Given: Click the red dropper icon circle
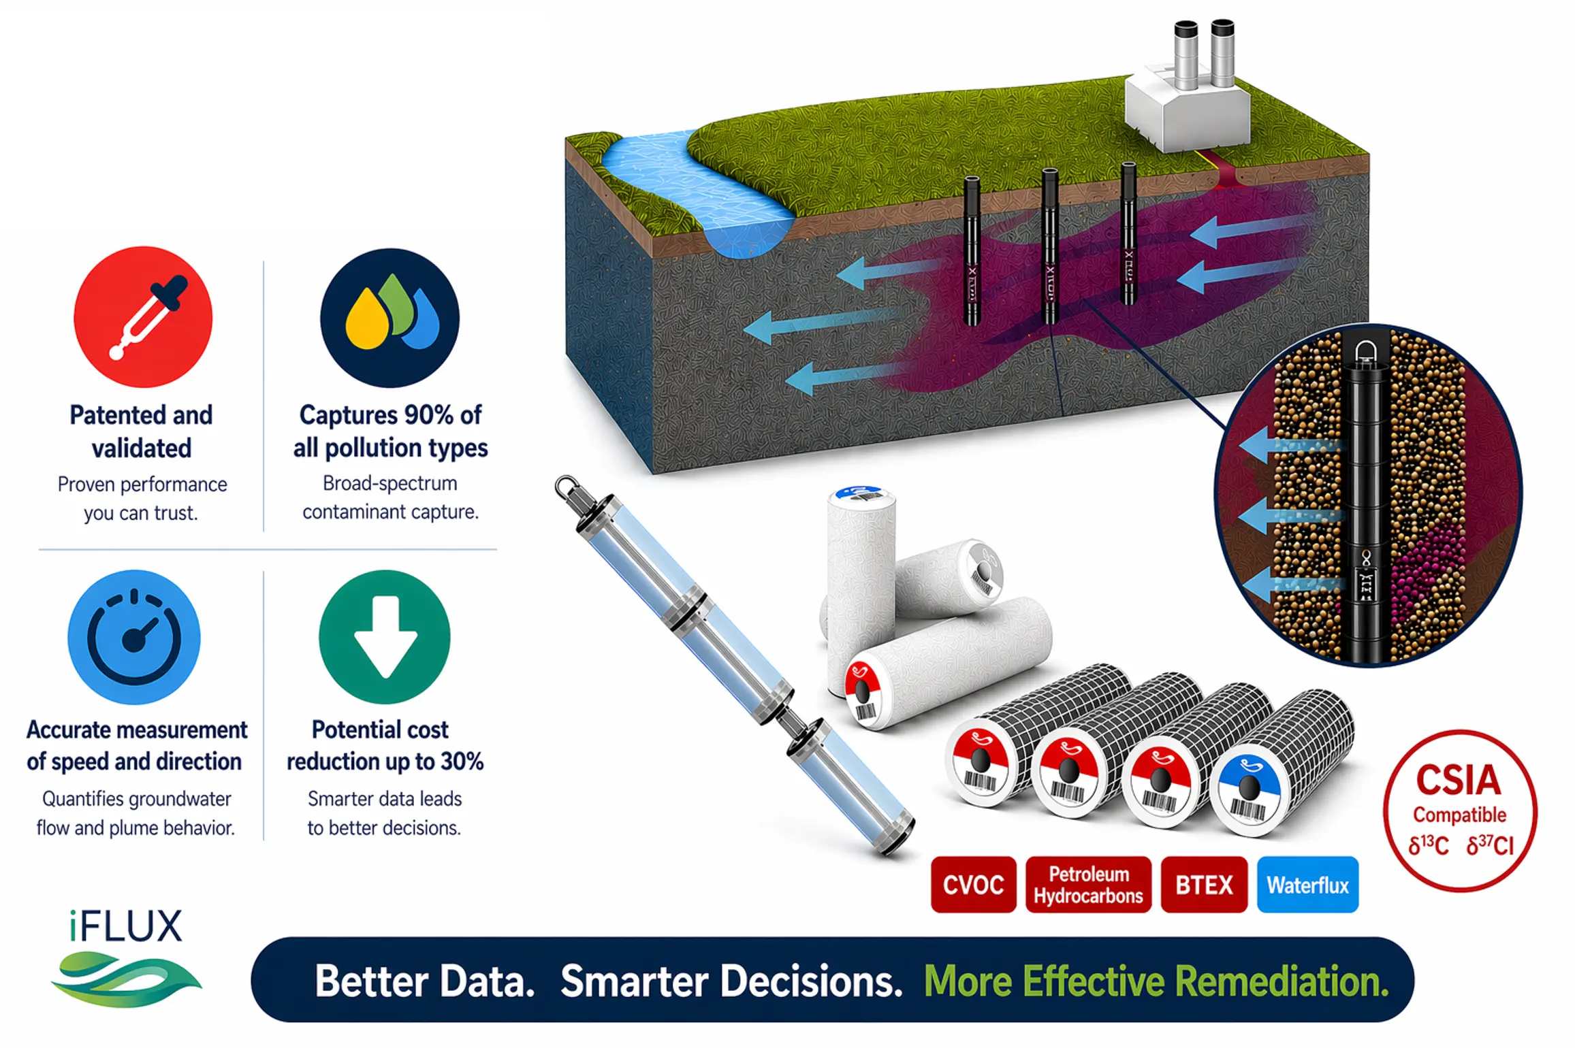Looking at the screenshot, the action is (143, 317).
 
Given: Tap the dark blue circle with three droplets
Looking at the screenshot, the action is (390, 318).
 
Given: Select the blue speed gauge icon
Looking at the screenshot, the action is (134, 637).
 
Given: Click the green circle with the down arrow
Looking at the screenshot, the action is (385, 637).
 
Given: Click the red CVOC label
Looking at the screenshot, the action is (974, 885).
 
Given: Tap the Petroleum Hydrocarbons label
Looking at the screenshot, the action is (1088, 885).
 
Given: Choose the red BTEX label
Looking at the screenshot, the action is (1204, 885).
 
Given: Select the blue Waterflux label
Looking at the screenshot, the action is (1307, 885).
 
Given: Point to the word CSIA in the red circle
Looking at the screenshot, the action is (1459, 780).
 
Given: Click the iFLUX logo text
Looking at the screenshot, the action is (126, 926).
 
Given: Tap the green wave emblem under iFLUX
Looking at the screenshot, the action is (126, 979).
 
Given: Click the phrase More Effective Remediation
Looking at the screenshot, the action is (1156, 981).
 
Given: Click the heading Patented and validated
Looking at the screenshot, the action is (141, 431).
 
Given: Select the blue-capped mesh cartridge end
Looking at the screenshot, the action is (1249, 789).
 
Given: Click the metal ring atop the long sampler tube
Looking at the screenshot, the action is (565, 486).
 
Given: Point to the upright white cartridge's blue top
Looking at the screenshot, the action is (859, 493).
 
